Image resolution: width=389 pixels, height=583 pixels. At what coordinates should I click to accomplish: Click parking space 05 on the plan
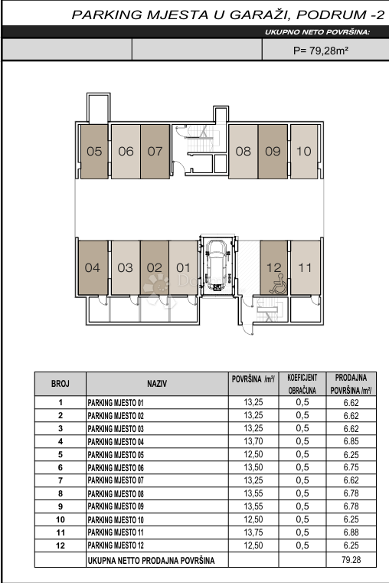pos(94,152)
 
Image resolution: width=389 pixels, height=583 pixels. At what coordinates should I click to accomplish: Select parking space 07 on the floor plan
pos(155,152)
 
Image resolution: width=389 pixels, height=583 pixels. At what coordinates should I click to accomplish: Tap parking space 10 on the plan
pos(304,152)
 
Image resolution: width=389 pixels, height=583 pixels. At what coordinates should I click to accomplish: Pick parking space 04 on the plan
pos(93,267)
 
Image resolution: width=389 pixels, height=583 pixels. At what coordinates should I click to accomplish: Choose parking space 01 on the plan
pos(183,267)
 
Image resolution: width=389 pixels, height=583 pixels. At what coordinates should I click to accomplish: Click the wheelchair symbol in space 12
pos(278,284)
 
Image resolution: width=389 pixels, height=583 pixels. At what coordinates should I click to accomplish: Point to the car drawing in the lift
pos(217,265)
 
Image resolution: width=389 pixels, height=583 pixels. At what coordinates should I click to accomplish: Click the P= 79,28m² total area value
pos(321,51)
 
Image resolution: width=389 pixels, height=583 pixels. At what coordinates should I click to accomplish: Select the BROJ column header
pos(60,384)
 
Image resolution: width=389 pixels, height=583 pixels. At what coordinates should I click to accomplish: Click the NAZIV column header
pos(157,384)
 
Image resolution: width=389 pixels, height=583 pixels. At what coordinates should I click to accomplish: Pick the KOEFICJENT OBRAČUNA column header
pos(302,384)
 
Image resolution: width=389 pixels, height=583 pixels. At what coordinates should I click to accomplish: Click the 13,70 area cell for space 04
pos(253,441)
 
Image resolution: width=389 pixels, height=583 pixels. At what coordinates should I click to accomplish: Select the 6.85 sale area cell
pos(351,441)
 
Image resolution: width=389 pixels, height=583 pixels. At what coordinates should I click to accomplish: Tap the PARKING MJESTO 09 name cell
pos(116,506)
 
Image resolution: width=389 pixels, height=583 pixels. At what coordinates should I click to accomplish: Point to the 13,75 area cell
pos(253,532)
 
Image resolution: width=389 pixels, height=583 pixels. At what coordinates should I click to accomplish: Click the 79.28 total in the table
pos(351,559)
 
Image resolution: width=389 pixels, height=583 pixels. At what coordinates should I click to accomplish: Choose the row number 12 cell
pos(60,545)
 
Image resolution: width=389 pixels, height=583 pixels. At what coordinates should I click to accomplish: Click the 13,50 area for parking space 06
pos(253,467)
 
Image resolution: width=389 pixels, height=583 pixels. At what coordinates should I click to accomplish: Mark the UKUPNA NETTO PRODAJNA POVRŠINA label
pos(151,560)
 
